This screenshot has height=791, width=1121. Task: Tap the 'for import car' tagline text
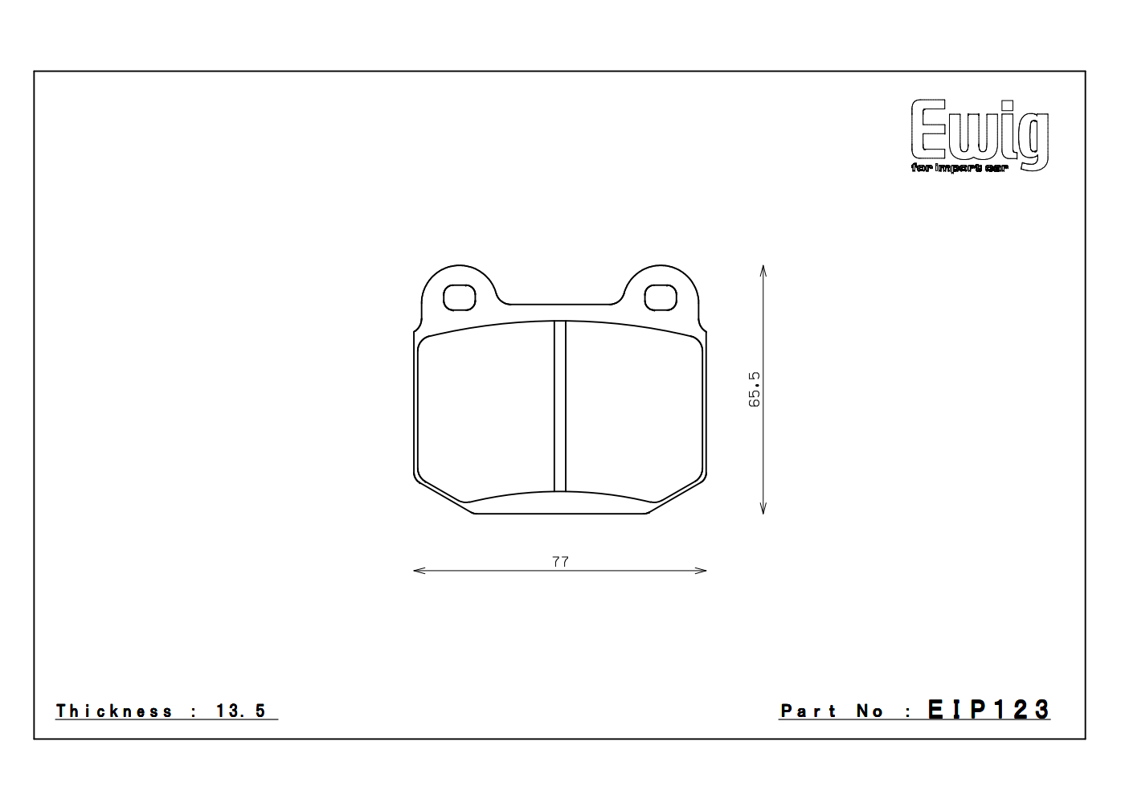pyautogui.click(x=959, y=168)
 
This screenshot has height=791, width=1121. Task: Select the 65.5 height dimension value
pyautogui.click(x=755, y=389)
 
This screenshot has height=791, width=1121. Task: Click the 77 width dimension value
pyautogui.click(x=560, y=561)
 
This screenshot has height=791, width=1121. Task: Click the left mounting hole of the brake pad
pyautogui.click(x=459, y=297)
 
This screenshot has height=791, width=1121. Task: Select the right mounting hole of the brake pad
pyautogui.click(x=661, y=297)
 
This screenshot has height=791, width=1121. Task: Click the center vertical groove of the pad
pyautogui.click(x=560, y=406)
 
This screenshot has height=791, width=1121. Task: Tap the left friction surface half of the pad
pyautogui.click(x=486, y=410)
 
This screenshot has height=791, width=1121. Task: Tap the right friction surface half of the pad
pyautogui.click(x=635, y=410)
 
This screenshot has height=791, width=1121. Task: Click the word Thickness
pyautogui.click(x=114, y=711)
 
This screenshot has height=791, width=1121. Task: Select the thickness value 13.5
pyautogui.click(x=240, y=711)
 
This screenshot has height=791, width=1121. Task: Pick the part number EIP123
pyautogui.click(x=988, y=710)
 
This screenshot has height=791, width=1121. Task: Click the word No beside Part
pyautogui.click(x=869, y=711)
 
